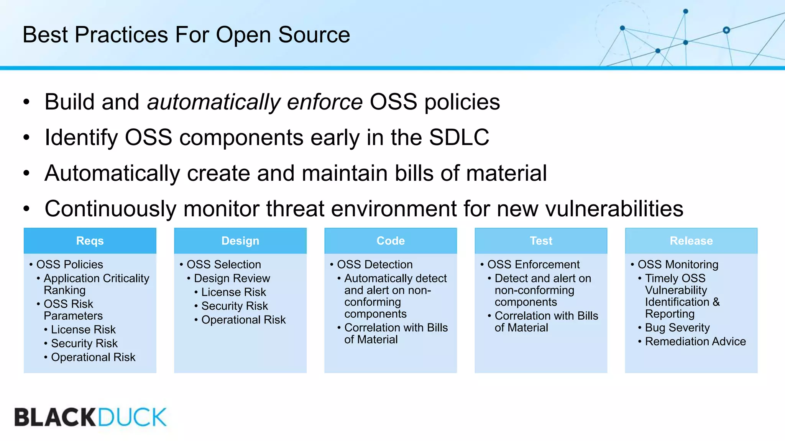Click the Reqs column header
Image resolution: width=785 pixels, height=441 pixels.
90,241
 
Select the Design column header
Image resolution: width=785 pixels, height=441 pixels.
240,241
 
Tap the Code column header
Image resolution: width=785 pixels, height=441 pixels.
391,241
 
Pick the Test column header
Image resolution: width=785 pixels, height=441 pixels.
541,241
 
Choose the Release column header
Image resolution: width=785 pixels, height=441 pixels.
691,241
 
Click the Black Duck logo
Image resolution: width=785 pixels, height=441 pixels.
90,417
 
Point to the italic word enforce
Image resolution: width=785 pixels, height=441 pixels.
325,102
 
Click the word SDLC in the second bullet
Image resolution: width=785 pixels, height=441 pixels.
459,137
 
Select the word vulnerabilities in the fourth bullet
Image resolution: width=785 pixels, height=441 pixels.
614,209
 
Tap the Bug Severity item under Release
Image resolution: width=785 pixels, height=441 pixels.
677,328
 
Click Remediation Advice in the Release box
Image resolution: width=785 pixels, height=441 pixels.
695,341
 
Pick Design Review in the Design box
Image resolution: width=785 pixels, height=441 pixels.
232,278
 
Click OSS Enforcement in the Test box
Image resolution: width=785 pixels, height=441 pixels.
533,265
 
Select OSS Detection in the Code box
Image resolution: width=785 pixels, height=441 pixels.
374,265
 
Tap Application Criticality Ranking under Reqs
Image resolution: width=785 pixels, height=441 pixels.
96,284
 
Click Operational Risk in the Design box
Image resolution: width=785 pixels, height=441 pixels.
243,320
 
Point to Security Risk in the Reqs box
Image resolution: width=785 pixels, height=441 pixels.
84,343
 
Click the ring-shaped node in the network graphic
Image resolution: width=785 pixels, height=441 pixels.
726,30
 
